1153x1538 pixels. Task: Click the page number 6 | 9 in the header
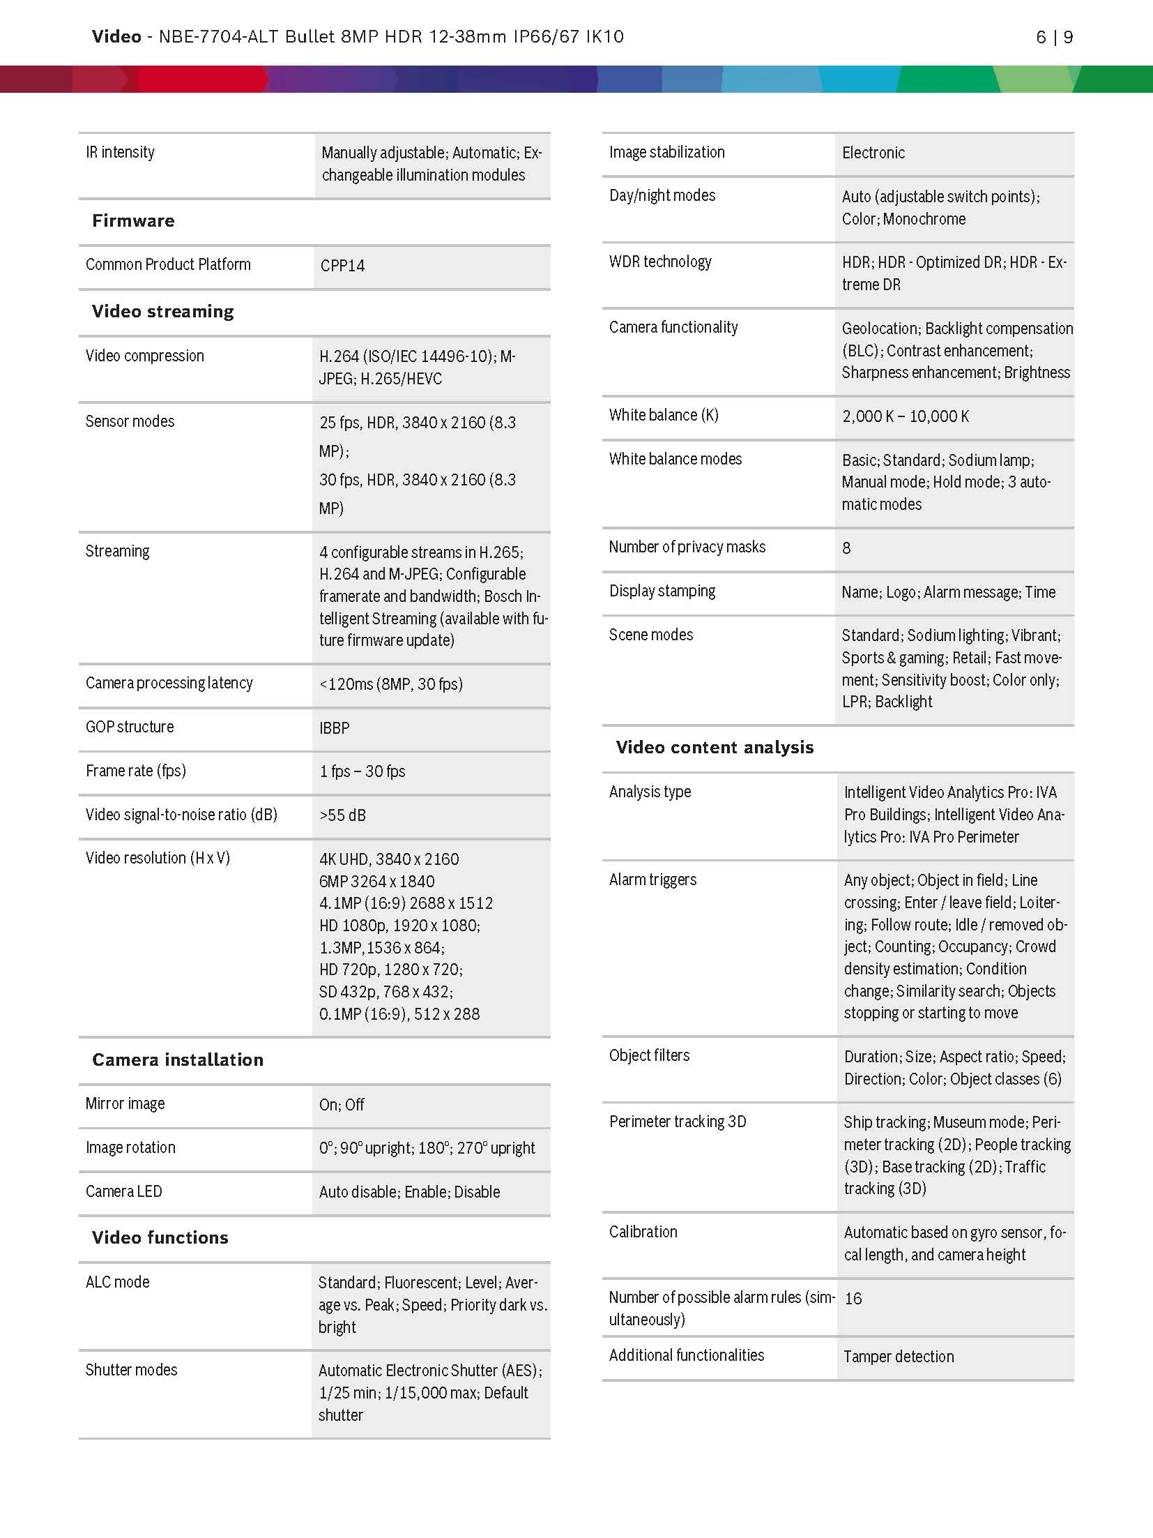point(1054,38)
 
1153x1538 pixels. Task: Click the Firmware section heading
point(133,221)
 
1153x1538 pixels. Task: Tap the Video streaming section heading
point(162,312)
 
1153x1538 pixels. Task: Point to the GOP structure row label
point(130,727)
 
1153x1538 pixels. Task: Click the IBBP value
point(335,728)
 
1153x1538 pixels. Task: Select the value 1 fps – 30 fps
point(362,771)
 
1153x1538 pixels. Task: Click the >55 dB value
point(342,815)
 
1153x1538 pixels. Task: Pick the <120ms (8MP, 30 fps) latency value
point(391,684)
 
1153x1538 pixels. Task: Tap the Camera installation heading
point(178,1060)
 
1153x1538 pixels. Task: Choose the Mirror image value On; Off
point(342,1105)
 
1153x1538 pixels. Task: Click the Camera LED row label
point(123,1191)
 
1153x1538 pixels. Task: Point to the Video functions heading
point(160,1238)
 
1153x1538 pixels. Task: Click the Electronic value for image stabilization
point(873,153)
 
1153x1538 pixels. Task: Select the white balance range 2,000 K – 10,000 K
point(905,416)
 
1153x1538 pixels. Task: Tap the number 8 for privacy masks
point(846,548)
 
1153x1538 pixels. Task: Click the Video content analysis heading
point(715,748)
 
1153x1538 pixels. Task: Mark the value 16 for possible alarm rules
point(853,1299)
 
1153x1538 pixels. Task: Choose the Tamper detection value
point(899,1357)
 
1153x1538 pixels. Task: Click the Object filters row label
point(649,1055)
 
